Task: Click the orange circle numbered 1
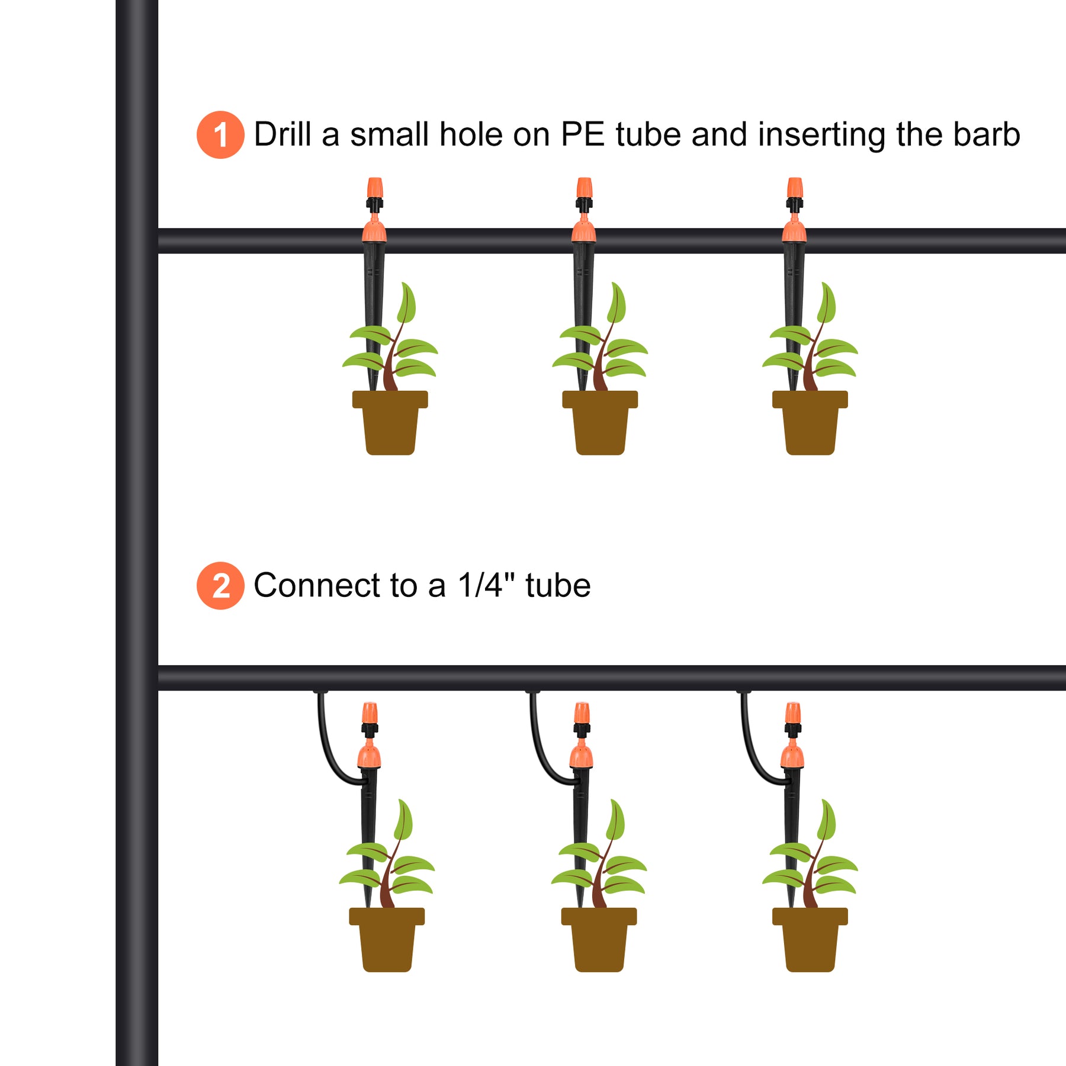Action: (x=220, y=134)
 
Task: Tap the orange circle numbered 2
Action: (x=220, y=586)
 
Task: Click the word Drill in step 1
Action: (x=282, y=134)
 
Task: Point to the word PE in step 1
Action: (x=583, y=134)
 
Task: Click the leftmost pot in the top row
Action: (x=390, y=423)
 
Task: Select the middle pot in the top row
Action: (x=600, y=423)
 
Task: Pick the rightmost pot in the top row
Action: (x=810, y=423)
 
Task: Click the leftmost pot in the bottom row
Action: (x=387, y=940)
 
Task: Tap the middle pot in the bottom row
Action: (x=599, y=940)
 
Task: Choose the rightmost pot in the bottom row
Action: (x=810, y=940)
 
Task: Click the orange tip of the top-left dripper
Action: (x=374, y=188)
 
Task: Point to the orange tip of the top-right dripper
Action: (x=795, y=188)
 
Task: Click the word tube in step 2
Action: (x=558, y=585)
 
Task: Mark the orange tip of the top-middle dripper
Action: (x=585, y=188)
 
